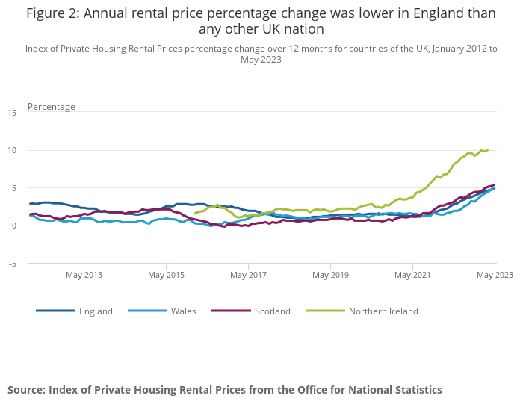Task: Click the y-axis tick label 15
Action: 11,113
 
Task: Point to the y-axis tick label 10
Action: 11,150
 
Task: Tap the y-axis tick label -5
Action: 11,263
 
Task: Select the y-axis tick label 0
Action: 13,226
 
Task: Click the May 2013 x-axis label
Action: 84,275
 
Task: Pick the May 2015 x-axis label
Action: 166,275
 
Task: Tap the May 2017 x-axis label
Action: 248,275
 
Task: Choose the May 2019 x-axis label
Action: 330,275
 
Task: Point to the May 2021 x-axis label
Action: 412,275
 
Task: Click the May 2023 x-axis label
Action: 495,275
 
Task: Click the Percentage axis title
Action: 52,107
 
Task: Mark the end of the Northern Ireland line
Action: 487,150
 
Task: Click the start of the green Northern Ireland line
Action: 194,214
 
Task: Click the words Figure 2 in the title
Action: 54,13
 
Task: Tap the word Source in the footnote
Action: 26,390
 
